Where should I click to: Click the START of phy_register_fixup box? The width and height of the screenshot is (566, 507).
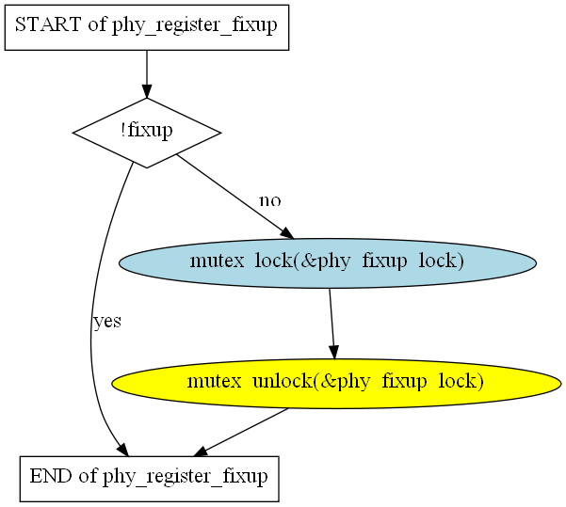147,27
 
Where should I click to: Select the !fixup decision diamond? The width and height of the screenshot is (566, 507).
147,133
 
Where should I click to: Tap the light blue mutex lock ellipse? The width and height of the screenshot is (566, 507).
328,262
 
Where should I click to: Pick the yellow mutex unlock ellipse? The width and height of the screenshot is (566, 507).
336,384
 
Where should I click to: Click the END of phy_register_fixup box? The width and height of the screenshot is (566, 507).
149,479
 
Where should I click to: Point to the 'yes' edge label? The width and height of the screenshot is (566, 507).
107,321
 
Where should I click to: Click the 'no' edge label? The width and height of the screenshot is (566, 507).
270,200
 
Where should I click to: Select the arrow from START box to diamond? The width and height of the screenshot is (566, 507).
147,74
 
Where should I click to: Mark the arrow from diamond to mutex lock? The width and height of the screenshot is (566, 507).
235,197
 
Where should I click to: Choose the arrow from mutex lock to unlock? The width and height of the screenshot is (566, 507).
332,324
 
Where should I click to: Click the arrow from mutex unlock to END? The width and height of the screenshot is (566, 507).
241,432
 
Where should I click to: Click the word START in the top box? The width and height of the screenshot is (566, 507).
48,24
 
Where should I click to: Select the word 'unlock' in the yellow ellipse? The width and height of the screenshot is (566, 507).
282,380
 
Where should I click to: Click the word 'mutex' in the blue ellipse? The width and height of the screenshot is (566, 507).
217,261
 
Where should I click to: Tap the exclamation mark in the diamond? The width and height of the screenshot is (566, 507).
123,130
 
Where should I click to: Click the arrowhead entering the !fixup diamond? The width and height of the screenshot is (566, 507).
147,91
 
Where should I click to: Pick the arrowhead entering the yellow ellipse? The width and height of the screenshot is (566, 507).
334,353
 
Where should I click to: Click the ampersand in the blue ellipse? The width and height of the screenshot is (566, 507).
308,261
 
